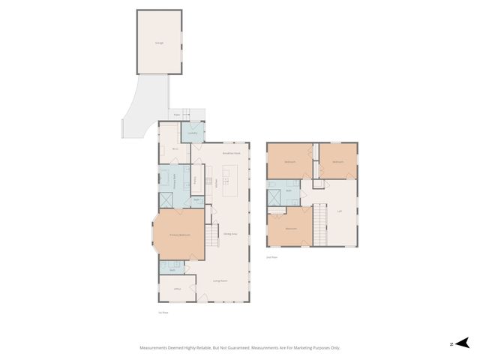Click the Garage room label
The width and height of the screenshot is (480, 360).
(159, 43)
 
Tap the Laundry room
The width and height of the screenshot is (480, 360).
(192, 133)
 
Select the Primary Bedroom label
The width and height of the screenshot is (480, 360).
(179, 235)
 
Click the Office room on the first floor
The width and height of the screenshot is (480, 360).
(177, 289)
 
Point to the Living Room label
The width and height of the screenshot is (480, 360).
(220, 281)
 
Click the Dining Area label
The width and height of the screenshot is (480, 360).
(229, 235)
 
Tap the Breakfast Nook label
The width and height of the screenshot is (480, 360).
(231, 153)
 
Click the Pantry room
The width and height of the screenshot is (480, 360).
(196, 180)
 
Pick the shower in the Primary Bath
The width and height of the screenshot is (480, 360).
(166, 200)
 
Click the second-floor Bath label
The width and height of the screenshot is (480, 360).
(288, 190)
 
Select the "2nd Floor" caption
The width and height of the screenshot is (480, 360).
(272, 257)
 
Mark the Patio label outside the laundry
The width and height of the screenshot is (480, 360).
(176, 115)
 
